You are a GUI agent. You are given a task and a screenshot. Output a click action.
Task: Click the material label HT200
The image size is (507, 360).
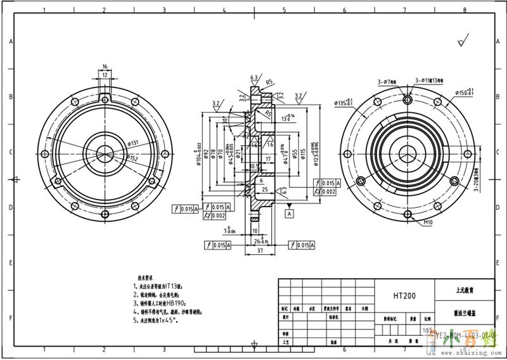[405, 295]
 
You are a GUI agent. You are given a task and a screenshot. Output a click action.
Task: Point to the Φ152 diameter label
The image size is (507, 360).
[133, 158]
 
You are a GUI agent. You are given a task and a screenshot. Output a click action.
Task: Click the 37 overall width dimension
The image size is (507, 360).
[260, 251]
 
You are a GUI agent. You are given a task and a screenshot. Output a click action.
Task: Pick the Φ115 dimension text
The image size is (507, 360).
[304, 153]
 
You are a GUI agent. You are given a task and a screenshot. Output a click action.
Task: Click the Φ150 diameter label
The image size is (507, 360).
[465, 93]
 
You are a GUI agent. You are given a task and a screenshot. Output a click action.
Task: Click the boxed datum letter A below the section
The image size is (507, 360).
[290, 214]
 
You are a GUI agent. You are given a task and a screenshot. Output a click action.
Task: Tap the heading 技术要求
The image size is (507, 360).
[146, 278]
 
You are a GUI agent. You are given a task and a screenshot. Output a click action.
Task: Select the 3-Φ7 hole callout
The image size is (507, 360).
[387, 82]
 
